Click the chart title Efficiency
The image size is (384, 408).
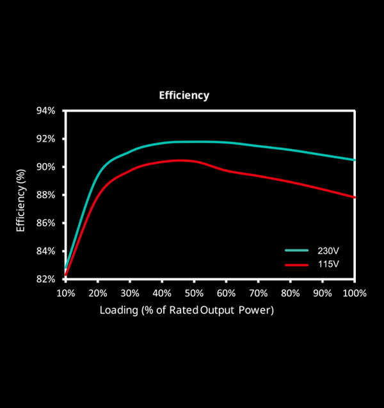click(x=184, y=95)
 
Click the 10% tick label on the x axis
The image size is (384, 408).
click(x=66, y=293)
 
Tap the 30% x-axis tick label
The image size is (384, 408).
click(x=130, y=293)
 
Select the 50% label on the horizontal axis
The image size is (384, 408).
click(x=194, y=293)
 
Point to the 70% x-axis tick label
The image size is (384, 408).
click(x=258, y=293)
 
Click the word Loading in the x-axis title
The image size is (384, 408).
click(x=116, y=310)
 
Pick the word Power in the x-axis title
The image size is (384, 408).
click(x=258, y=310)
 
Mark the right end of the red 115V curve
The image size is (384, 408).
click(x=353, y=197)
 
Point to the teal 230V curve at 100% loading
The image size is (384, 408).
click(x=353, y=160)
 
